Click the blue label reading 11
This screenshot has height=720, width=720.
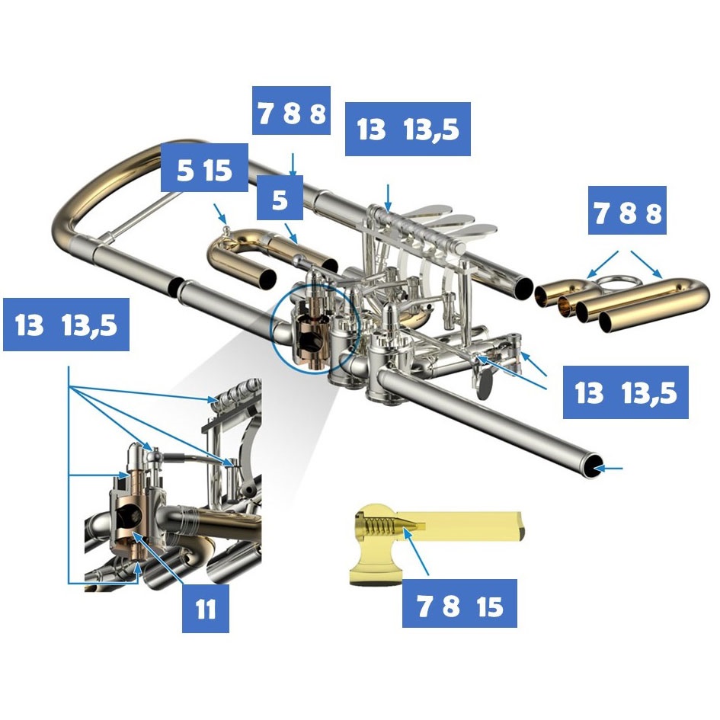click(205, 609)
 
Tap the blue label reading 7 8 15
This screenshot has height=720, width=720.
click(459, 603)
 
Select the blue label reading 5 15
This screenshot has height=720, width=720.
click(204, 168)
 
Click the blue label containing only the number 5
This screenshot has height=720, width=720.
click(280, 197)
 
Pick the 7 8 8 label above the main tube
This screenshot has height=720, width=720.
click(291, 110)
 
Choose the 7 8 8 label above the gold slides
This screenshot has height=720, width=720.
click(627, 210)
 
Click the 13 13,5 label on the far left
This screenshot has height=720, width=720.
click(66, 325)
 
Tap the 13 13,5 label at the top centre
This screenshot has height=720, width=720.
click(408, 129)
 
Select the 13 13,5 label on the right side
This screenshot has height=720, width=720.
click(626, 392)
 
